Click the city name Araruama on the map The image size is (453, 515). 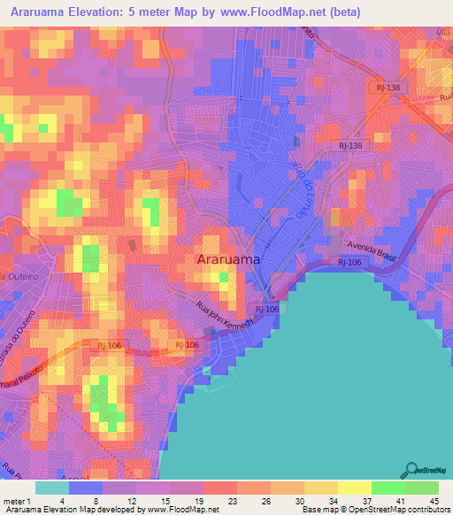[227, 260]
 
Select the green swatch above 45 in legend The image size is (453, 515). [421, 488]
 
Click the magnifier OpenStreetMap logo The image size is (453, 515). [412, 470]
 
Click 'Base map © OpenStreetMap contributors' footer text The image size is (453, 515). [374, 511]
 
